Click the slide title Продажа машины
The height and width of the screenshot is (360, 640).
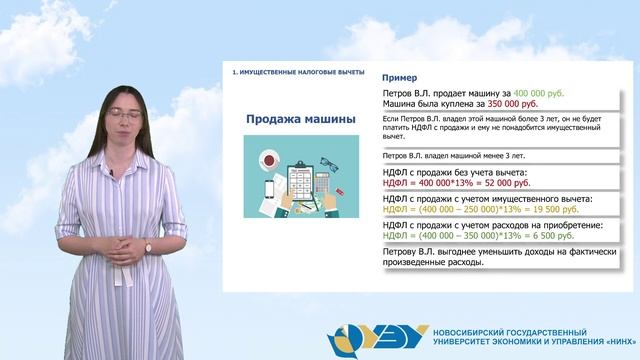pos(301,120)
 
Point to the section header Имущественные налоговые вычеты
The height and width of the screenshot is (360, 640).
pos(297,73)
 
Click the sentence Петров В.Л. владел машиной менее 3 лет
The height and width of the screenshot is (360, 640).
pos(447,157)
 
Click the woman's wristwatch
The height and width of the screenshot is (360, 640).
pos(148,247)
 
